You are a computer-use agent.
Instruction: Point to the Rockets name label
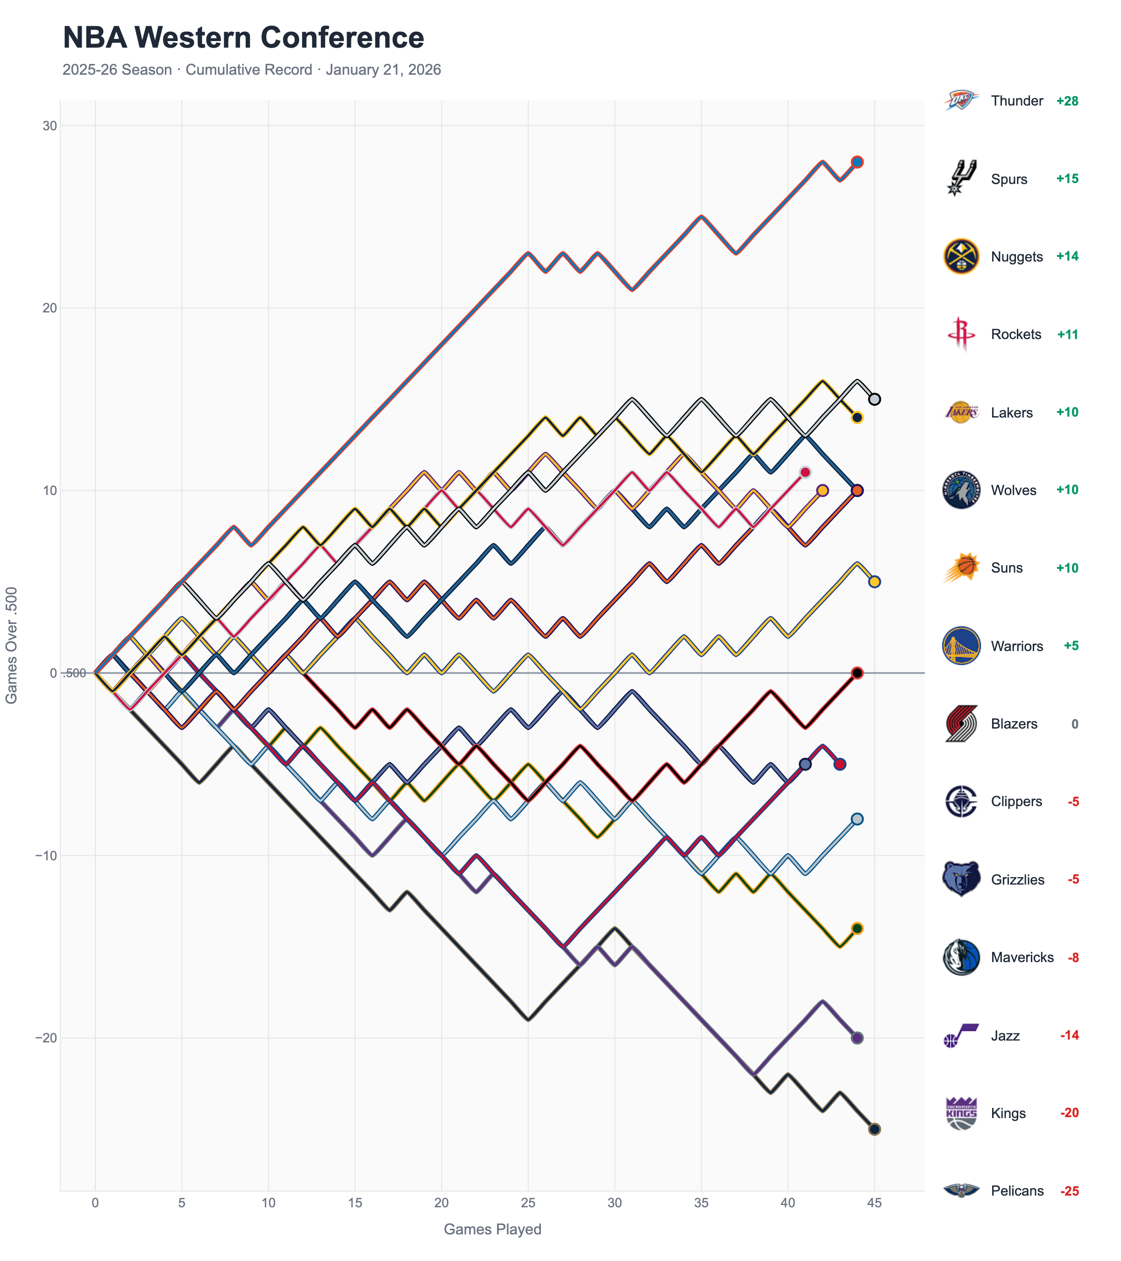click(x=1015, y=334)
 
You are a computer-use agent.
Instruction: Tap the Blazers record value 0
click(x=1074, y=723)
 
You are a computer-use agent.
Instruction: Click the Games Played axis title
click(x=492, y=1229)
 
